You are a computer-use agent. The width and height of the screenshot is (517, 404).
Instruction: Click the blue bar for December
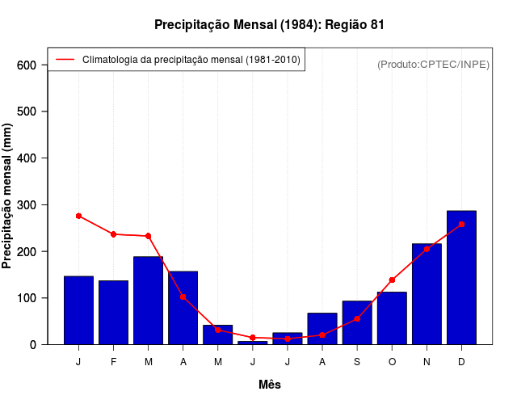click(461, 278)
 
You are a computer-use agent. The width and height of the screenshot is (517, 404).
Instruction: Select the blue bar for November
click(427, 294)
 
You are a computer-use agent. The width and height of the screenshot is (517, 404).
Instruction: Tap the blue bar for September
click(357, 323)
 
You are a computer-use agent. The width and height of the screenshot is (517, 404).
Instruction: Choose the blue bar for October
click(392, 318)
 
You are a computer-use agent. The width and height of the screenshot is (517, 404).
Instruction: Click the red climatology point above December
click(461, 224)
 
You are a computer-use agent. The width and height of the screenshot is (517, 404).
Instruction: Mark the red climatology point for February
click(113, 234)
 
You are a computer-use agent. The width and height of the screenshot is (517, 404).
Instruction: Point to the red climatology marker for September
click(357, 319)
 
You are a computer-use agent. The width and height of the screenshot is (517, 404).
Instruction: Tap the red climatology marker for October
click(392, 280)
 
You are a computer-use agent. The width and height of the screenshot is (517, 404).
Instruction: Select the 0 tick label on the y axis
click(33, 345)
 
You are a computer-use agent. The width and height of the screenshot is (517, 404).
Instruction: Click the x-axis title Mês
click(270, 385)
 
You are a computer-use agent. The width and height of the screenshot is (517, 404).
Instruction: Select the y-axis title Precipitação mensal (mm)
click(8, 196)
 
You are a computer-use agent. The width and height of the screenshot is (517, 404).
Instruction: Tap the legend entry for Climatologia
click(191, 60)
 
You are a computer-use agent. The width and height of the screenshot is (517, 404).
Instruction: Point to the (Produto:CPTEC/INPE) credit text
click(433, 64)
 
